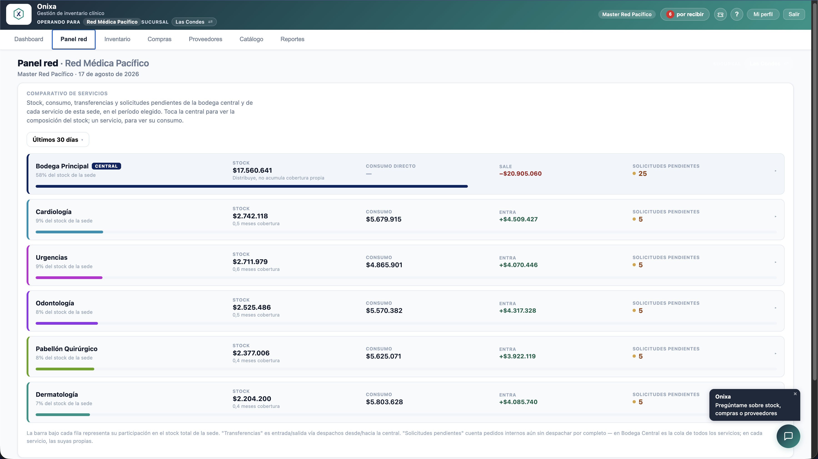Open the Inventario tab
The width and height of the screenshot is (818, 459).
(117, 39)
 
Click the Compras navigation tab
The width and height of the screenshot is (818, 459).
(160, 39)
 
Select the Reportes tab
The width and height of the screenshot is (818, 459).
(292, 39)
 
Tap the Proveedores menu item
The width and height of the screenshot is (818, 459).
(205, 39)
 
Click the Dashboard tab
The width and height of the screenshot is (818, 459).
(29, 39)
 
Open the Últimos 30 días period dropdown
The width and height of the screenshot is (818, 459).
(58, 140)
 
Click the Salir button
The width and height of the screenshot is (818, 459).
(793, 14)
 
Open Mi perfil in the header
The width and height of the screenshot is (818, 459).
(763, 14)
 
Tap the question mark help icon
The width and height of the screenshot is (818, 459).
(737, 14)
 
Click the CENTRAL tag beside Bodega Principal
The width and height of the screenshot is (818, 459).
(106, 166)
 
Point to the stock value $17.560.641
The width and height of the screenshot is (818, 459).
(252, 170)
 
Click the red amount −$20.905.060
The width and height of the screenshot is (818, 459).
(520, 173)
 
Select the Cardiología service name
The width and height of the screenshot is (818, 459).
(54, 212)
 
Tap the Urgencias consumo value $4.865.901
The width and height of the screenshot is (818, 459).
(384, 265)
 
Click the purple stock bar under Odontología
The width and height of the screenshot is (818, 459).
(67, 323)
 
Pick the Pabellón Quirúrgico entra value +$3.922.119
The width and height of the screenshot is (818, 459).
(517, 356)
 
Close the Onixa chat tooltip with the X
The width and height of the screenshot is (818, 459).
(795, 394)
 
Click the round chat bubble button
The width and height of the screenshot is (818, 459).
(788, 436)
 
